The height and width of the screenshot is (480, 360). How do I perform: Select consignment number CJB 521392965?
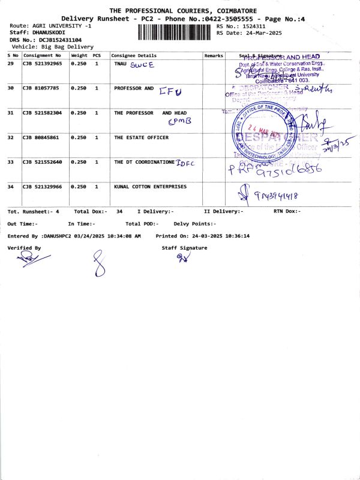click(42, 63)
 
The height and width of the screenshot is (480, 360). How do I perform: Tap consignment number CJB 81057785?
click(40, 88)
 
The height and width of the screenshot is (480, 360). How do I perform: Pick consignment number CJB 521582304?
click(42, 113)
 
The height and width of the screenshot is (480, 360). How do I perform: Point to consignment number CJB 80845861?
click(40, 137)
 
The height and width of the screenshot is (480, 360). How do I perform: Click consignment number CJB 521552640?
click(42, 162)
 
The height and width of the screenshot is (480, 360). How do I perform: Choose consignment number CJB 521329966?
click(42, 187)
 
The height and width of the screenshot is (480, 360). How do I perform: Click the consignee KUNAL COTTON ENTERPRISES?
click(150, 187)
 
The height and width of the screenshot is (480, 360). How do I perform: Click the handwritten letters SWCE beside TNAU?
click(142, 64)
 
